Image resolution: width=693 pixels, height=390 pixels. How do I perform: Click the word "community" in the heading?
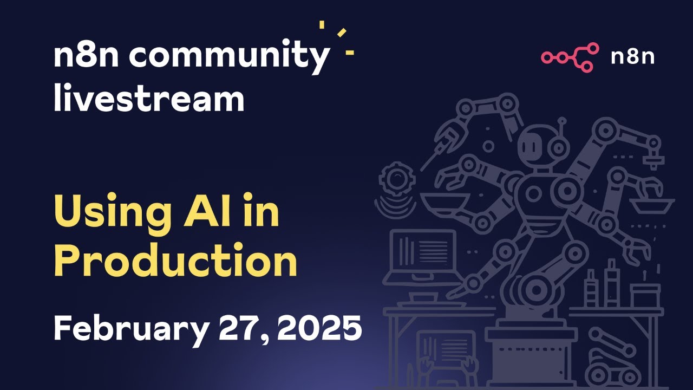click(229, 56)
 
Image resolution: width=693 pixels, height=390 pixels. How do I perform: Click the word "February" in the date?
click(130, 329)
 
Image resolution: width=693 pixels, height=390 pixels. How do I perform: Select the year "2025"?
click(319, 328)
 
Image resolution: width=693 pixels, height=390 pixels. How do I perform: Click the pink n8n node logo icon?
click(570, 57)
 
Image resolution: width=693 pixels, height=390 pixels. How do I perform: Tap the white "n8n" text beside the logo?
click(632, 57)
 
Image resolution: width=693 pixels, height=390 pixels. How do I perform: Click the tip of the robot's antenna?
click(562, 120)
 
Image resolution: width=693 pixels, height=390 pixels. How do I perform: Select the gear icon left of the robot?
click(397, 179)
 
